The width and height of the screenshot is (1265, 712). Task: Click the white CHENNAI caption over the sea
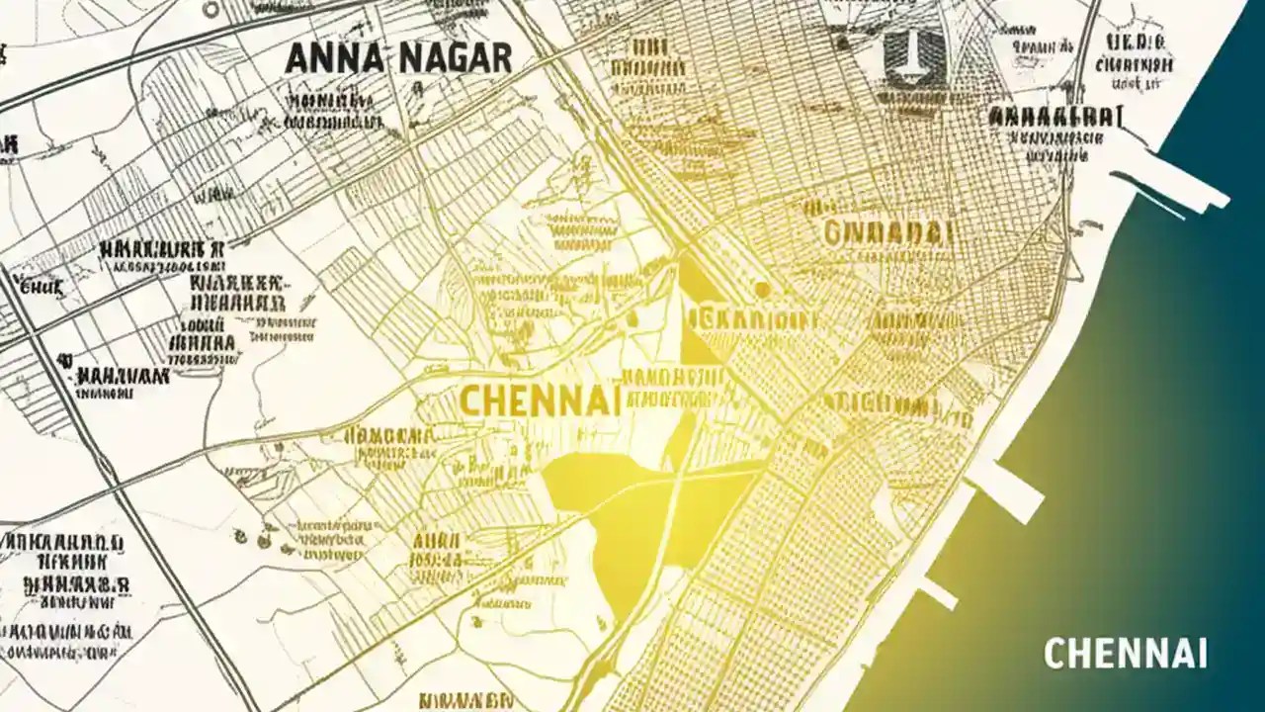pos(1125,654)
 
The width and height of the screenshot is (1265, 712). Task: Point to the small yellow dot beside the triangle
pos(761,290)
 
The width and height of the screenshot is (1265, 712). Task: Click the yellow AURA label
pos(438,542)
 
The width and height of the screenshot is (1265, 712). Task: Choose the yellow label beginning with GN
pos(887,232)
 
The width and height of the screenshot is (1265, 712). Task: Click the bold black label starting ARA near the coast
pos(1055,117)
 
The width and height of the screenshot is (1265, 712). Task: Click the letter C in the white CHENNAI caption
pos(1054,654)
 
